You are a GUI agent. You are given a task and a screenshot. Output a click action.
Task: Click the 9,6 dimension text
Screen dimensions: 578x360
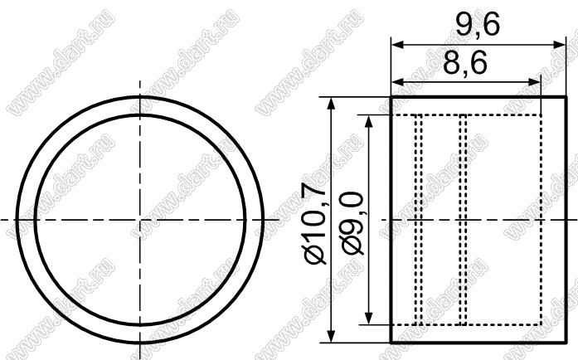[x=478, y=25]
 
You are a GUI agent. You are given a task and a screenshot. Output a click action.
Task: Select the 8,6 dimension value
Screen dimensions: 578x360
[x=465, y=63]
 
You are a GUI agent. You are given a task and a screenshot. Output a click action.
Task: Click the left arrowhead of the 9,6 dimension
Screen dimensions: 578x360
[x=397, y=45]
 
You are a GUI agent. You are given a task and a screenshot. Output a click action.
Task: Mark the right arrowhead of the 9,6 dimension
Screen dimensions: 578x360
[x=559, y=45]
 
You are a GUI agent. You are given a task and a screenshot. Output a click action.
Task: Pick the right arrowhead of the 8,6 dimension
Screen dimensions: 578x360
[x=535, y=82]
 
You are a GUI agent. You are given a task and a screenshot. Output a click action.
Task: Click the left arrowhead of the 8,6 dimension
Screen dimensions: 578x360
[x=397, y=82]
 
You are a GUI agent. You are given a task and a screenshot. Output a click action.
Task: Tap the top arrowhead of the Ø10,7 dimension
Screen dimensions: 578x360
[x=332, y=104]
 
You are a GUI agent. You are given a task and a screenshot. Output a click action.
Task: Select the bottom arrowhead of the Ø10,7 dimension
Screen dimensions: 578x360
[x=332, y=336]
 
